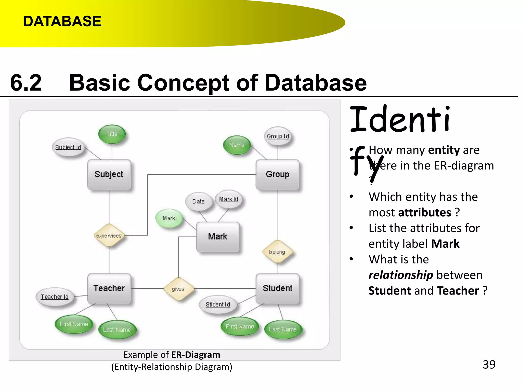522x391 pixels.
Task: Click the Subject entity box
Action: [x=109, y=174]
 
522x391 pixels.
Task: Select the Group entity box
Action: [x=277, y=174]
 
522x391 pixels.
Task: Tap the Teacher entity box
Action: [x=109, y=288]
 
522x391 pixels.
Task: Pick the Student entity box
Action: [x=277, y=288]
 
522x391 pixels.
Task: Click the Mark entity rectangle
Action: [x=218, y=236]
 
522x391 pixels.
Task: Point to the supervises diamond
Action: [x=109, y=235]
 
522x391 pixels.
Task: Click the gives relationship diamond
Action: [x=178, y=289]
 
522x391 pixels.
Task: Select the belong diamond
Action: [x=277, y=252]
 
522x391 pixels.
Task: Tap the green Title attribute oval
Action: [x=112, y=134]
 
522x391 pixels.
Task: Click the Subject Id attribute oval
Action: [x=68, y=147]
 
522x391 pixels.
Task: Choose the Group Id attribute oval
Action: [x=278, y=136]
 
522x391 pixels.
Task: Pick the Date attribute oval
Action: [x=199, y=201]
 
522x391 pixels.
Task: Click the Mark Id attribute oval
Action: [x=229, y=199]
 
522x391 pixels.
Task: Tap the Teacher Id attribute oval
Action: [x=55, y=297]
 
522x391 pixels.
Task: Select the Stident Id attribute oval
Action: [x=218, y=304]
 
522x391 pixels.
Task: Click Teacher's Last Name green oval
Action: [x=117, y=330]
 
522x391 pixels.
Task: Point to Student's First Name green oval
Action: [x=240, y=326]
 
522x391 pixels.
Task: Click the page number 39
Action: [x=489, y=365]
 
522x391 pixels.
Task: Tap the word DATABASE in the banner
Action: [x=62, y=21]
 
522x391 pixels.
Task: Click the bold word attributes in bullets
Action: [x=425, y=213]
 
